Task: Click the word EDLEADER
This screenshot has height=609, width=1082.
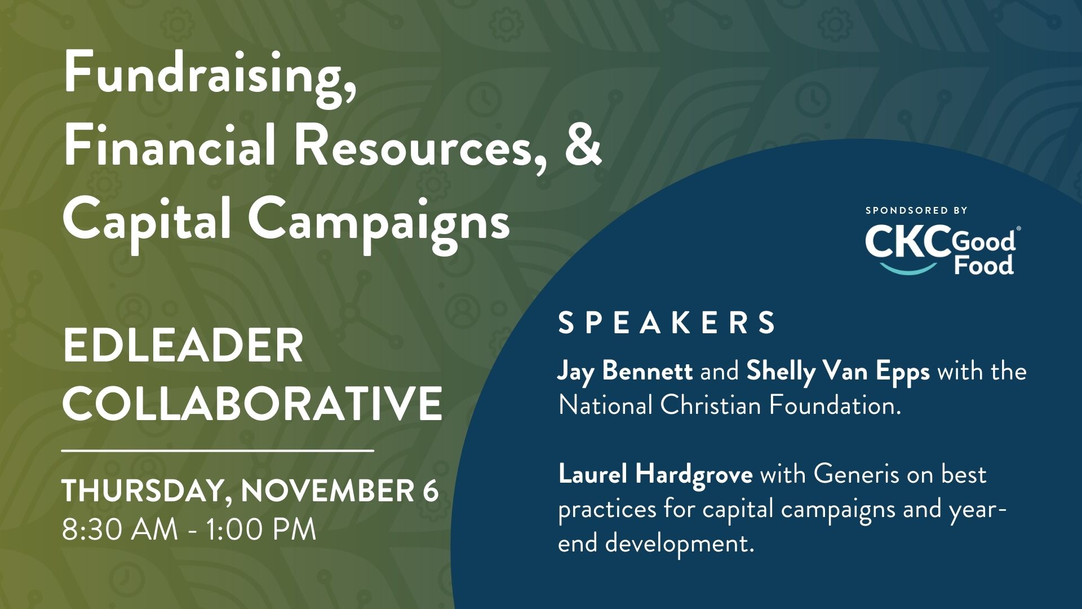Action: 183,346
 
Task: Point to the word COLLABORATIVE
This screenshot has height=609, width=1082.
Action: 252,404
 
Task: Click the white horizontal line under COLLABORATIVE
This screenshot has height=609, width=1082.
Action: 218,451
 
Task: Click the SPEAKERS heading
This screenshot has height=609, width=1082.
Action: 667,323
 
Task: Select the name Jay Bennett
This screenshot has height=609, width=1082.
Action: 625,373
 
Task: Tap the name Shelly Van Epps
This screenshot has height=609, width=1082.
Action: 838,373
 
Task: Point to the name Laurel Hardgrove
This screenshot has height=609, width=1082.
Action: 655,475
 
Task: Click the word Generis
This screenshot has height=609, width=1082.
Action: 857,475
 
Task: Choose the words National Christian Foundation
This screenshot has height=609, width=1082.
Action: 729,405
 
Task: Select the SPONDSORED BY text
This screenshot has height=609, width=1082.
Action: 916,210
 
